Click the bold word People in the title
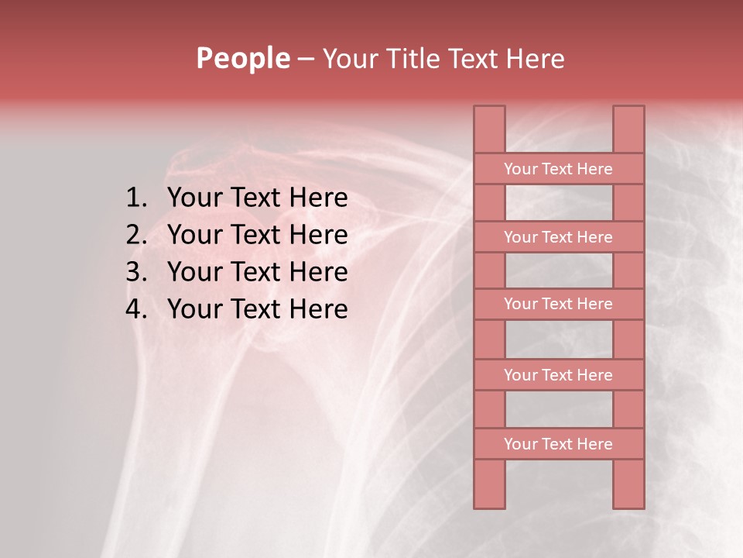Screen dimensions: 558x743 [x=242, y=58]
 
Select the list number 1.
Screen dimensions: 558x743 [x=135, y=198]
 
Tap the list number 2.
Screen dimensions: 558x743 [x=135, y=235]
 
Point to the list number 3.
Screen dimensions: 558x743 [x=135, y=272]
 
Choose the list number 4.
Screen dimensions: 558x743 [x=135, y=309]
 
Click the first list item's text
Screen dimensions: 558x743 [x=257, y=198]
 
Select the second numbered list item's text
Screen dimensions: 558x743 [x=257, y=235]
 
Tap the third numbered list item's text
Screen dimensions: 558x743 [x=257, y=272]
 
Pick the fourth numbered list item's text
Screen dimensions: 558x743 [x=257, y=309]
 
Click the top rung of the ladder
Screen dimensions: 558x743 [x=558, y=169]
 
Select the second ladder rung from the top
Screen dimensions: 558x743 [x=558, y=237]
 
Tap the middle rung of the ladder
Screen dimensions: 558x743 [x=558, y=304]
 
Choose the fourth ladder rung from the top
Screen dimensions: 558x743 [x=558, y=375]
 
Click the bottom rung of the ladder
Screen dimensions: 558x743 [x=558, y=444]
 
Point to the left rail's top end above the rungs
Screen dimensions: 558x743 [x=489, y=129]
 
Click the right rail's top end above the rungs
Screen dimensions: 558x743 [x=628, y=129]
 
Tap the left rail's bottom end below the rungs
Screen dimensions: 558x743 [x=489, y=484]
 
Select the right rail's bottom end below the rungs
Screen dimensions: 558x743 [x=628, y=484]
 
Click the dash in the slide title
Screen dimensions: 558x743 [x=306, y=60]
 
